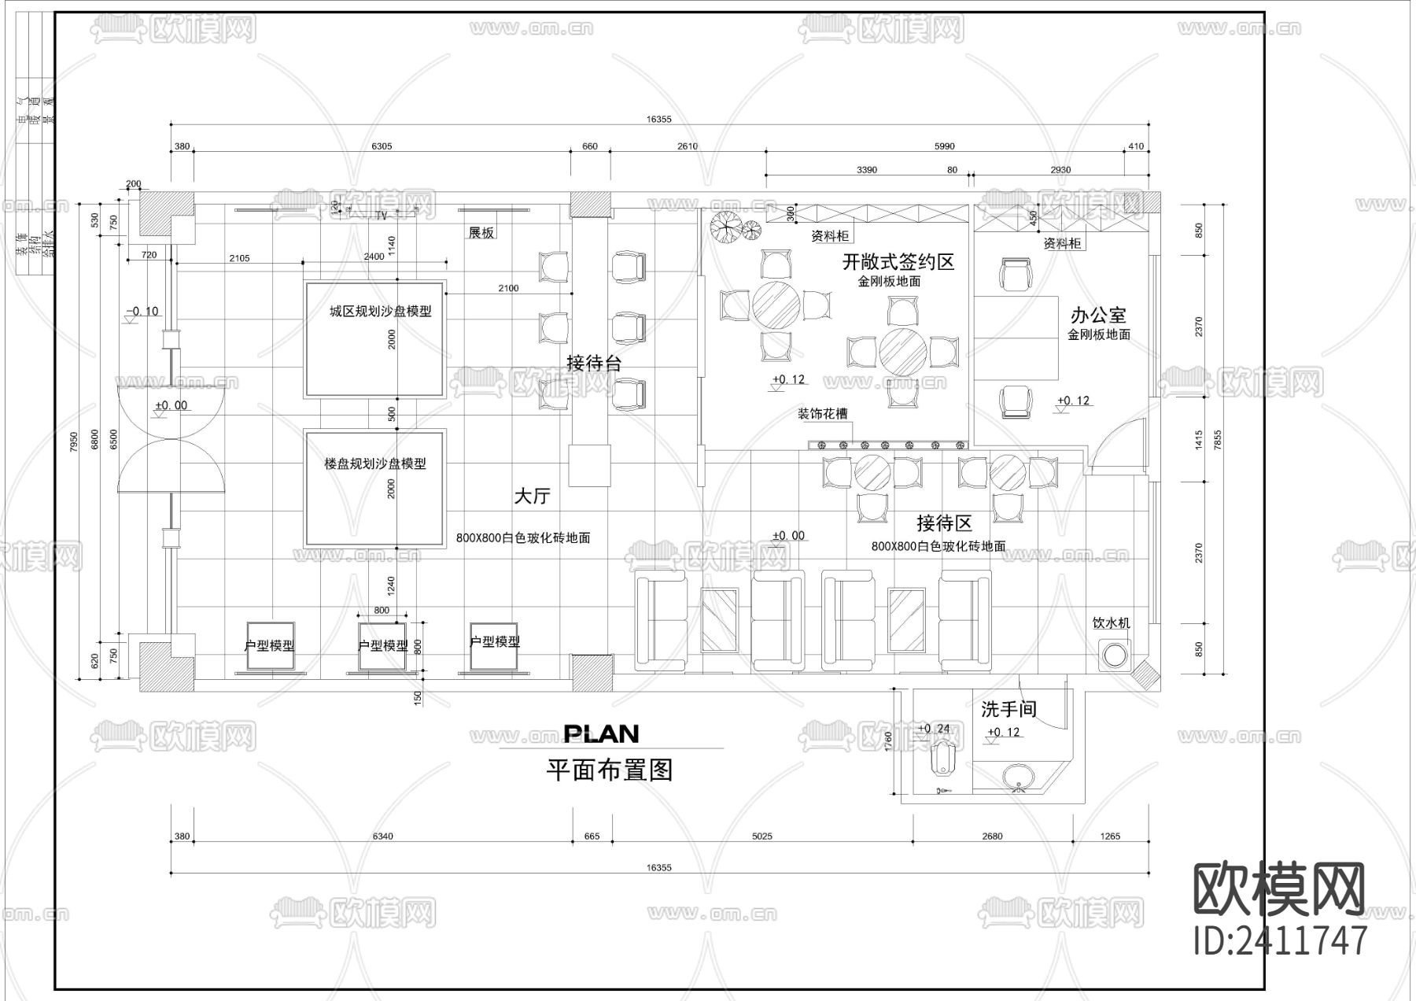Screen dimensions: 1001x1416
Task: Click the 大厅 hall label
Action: click(x=532, y=497)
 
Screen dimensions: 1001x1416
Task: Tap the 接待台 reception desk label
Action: click(x=594, y=363)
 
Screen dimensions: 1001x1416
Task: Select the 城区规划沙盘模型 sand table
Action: click(x=374, y=339)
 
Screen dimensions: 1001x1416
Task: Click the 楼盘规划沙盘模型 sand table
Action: click(x=374, y=489)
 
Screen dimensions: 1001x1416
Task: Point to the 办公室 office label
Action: click(x=1098, y=316)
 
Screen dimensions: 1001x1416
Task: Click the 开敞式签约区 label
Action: click(x=898, y=261)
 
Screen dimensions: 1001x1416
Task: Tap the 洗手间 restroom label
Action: click(x=1009, y=709)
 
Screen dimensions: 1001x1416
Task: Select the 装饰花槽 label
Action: click(x=822, y=414)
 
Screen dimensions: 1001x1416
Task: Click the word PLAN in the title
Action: click(x=602, y=734)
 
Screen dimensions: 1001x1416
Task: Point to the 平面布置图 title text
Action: click(x=610, y=770)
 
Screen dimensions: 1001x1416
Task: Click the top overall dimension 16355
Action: click(x=658, y=120)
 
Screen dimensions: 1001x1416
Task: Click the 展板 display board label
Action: click(x=481, y=233)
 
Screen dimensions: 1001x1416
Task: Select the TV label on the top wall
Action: click(x=382, y=215)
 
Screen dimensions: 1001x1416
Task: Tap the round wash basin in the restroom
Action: click(x=1020, y=777)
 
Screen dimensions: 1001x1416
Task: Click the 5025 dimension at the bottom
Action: click(x=761, y=837)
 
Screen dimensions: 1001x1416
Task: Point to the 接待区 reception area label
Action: click(x=944, y=523)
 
